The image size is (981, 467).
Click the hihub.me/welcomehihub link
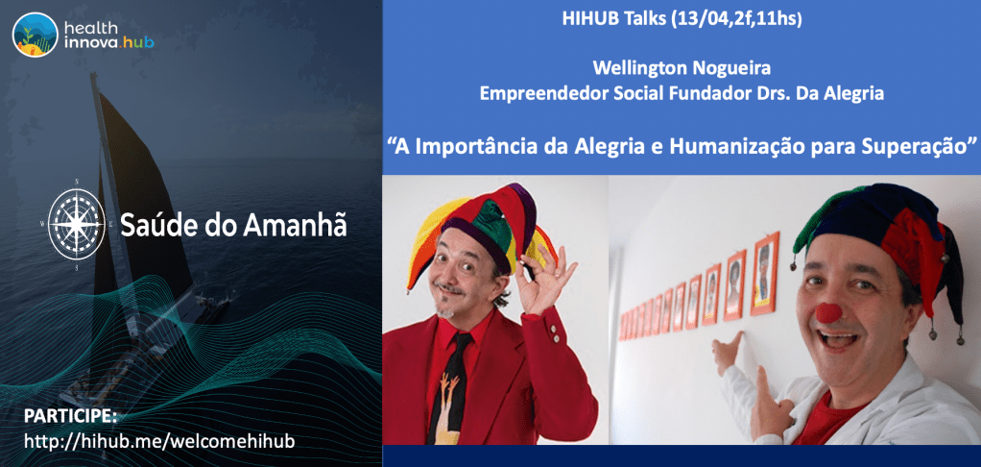159,440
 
